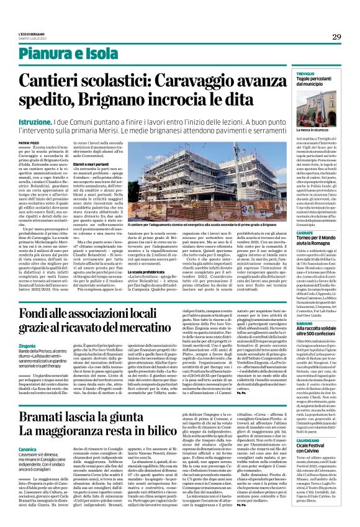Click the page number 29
[336, 37]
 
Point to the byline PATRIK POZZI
[45, 143]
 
